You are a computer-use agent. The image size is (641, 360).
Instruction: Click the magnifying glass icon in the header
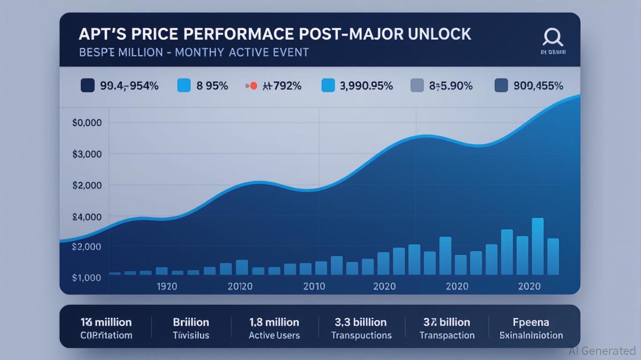pyautogui.click(x=552, y=37)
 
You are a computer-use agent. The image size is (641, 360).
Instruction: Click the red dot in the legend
pyautogui.click(x=253, y=86)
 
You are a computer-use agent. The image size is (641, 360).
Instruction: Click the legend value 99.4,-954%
pyautogui.click(x=129, y=86)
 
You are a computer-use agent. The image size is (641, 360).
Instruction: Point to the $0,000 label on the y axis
pyautogui.click(x=87, y=123)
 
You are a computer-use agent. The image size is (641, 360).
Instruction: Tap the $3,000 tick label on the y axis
pyautogui.click(x=87, y=154)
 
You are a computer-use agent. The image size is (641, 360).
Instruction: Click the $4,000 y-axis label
pyautogui.click(x=87, y=217)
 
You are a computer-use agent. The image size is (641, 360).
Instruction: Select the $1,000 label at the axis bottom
pyautogui.click(x=87, y=277)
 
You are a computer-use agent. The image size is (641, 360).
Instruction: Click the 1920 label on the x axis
pyautogui.click(x=167, y=286)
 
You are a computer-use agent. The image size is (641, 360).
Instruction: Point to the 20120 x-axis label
pyautogui.click(x=240, y=286)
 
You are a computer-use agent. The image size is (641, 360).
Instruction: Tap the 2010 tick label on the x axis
pyautogui.click(x=314, y=286)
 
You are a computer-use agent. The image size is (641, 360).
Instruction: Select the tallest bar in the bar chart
pyautogui.click(x=537, y=246)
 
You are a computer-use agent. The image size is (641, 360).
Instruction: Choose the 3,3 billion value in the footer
pyautogui.click(x=361, y=322)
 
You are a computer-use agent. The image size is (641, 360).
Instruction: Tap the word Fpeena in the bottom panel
pyautogui.click(x=530, y=322)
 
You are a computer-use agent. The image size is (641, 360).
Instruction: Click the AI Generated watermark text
pyautogui.click(x=602, y=351)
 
